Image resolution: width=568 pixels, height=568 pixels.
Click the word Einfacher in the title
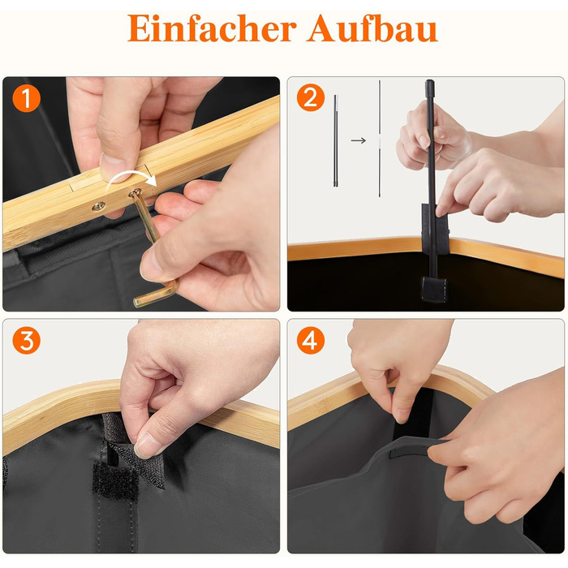coord(212,28)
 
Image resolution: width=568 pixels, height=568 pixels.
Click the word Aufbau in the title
coord(372,28)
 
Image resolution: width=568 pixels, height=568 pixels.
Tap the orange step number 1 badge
coord(27,98)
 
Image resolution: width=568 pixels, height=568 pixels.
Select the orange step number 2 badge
coord(311,97)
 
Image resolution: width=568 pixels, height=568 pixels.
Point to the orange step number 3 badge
coord(27,340)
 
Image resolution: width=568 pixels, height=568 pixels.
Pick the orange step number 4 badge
coord(311,340)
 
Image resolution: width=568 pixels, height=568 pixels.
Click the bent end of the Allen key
coord(156,294)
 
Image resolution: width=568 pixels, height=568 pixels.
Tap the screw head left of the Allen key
coord(98,206)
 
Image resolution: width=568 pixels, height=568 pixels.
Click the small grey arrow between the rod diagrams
coord(359,140)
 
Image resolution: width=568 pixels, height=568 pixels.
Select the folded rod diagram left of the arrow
coord(335,140)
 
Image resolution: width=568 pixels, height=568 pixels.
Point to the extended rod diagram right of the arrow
coord(380,139)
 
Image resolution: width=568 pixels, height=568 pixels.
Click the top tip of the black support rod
coord(429,81)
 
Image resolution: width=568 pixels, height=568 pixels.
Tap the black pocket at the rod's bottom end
coord(433,289)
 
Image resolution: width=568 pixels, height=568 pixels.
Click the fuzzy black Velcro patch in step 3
coord(115,480)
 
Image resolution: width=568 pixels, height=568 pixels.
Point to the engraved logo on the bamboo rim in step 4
coord(321,405)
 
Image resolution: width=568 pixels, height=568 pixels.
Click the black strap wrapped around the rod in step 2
coord(435,229)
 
